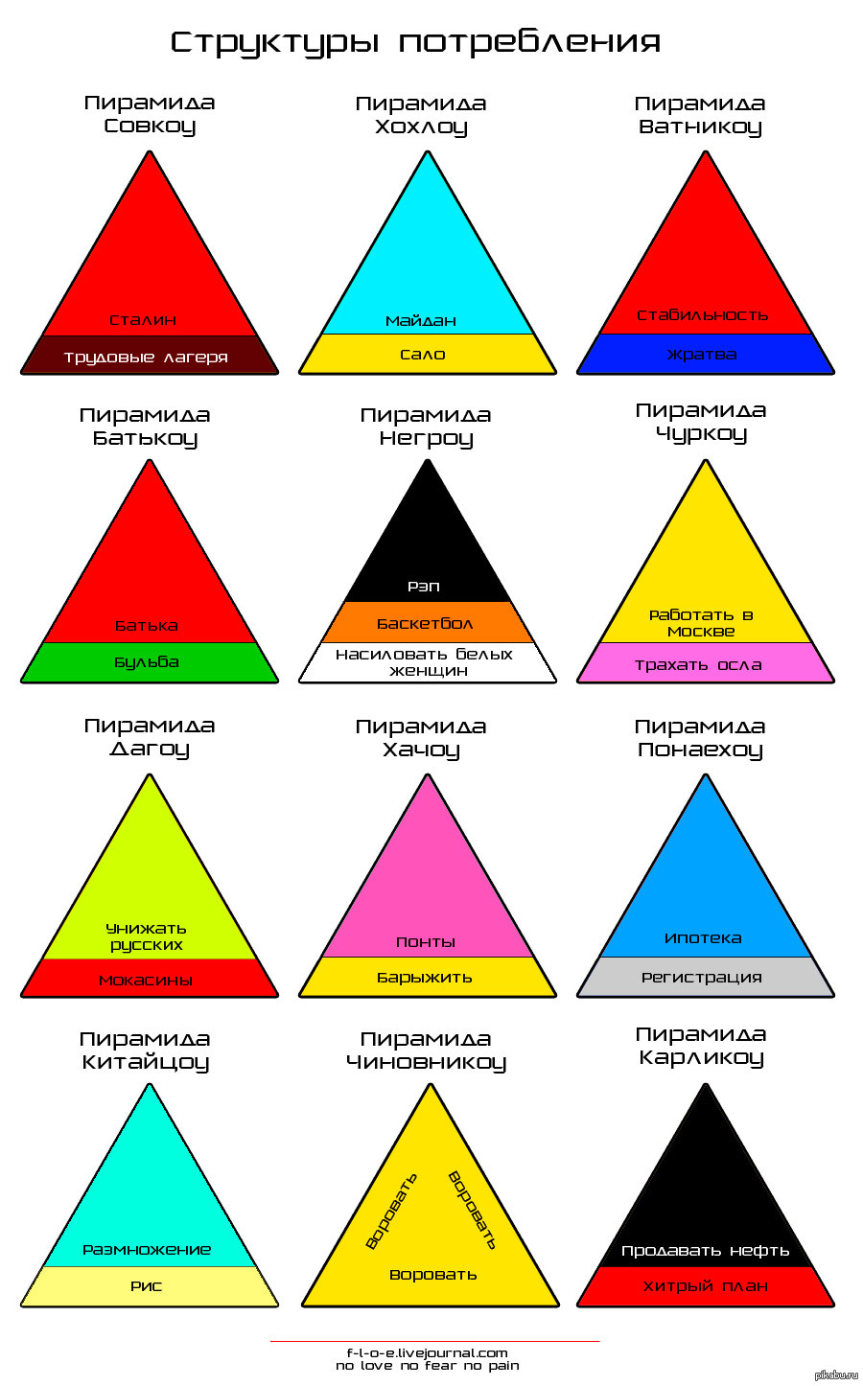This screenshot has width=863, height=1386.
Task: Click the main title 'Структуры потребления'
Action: [415, 43]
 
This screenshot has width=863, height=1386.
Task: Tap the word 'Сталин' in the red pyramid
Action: [143, 320]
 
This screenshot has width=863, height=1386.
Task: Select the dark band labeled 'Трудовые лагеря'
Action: [150, 355]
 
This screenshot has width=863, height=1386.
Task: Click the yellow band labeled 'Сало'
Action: [427, 354]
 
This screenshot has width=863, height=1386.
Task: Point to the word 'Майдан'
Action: [421, 321]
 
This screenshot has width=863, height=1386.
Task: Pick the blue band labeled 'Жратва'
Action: [705, 354]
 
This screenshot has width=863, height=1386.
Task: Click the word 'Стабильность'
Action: [703, 315]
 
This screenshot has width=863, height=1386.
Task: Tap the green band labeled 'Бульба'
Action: [150, 662]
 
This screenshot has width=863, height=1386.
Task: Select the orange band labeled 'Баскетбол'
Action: [427, 622]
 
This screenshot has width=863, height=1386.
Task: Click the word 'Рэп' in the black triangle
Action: [424, 586]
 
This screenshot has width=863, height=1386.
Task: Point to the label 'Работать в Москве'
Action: [701, 623]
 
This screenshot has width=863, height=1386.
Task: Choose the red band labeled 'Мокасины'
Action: [150, 979]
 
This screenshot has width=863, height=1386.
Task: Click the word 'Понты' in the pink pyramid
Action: [426, 942]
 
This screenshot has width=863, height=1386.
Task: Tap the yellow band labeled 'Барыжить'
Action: [427, 977]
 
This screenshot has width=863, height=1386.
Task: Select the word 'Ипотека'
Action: [703, 938]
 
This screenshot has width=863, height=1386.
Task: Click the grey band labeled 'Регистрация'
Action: [705, 977]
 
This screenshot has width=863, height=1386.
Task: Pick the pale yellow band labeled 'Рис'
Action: [150, 1286]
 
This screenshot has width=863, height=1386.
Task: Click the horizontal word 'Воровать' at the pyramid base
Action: [433, 1275]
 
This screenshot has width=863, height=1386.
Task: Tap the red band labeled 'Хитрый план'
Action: [705, 1286]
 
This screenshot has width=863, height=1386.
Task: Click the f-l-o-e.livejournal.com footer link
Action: [427, 1353]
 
